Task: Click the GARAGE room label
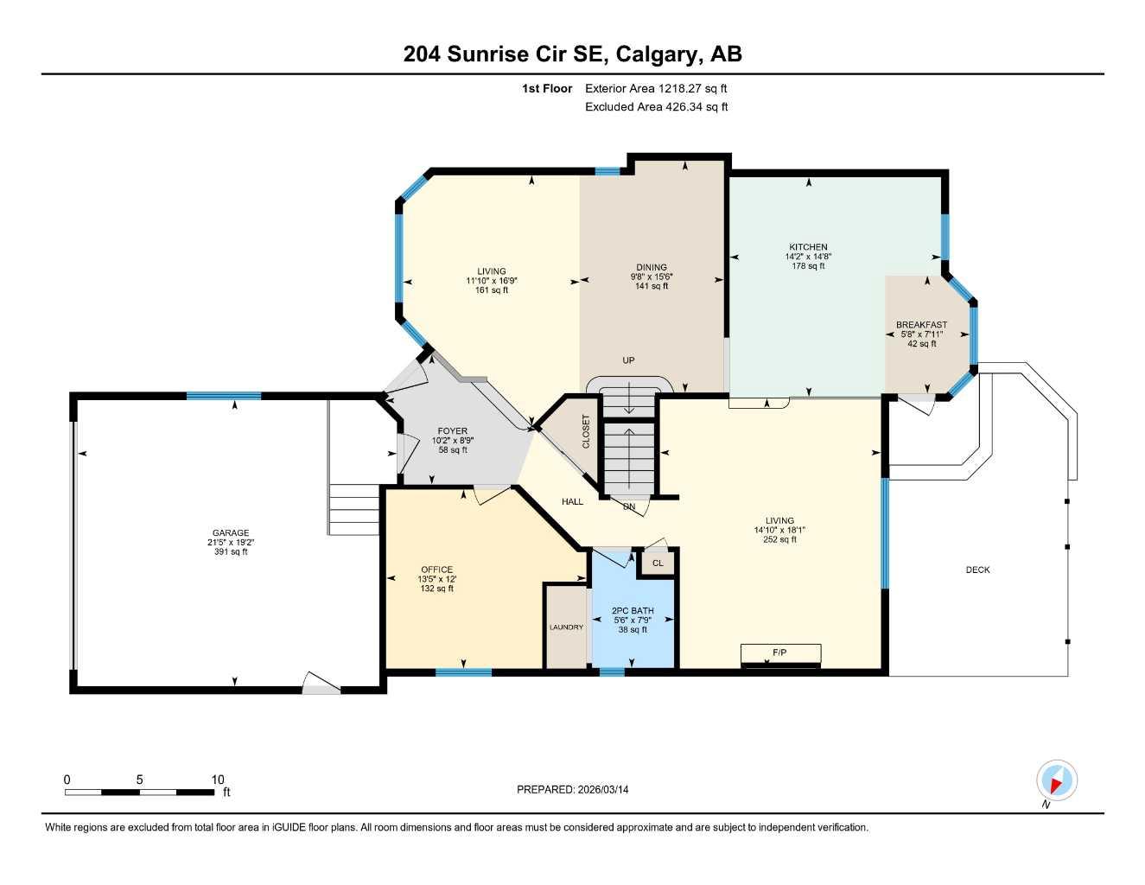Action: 231,533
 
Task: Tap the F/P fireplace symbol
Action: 780,653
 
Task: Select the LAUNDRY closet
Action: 566,627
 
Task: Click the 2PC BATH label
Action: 633,611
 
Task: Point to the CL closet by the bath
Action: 658,563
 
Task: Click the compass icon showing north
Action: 1056,781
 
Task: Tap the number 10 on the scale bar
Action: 218,780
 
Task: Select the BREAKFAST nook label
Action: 921,325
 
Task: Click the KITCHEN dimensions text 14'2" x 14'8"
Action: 808,257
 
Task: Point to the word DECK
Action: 977,570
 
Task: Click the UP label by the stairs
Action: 628,360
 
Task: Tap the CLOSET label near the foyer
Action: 585,431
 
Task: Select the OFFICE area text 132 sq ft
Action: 436,589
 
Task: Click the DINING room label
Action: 651,267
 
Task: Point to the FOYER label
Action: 452,431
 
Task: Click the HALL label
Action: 572,502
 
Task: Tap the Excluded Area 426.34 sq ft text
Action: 656,107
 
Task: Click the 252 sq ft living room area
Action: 779,540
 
